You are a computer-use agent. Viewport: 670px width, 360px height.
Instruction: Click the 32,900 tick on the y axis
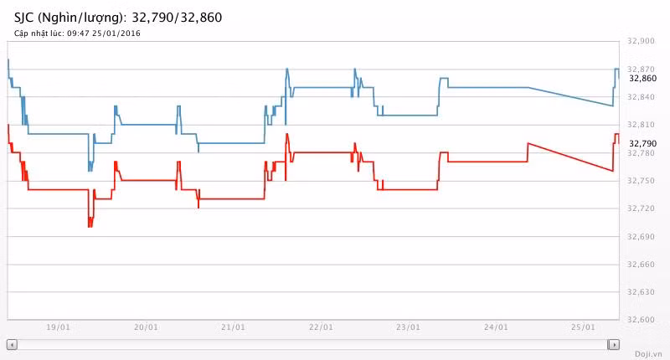click(641, 41)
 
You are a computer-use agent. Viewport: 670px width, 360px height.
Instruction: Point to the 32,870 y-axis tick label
click(641, 69)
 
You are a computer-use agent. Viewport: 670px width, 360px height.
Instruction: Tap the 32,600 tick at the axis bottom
click(641, 320)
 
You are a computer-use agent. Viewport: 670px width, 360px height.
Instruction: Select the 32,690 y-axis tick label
click(641, 236)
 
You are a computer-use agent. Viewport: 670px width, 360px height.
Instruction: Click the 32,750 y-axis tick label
click(641, 181)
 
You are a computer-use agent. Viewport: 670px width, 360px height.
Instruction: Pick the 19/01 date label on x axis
click(58, 327)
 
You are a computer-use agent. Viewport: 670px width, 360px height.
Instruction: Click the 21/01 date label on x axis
click(233, 327)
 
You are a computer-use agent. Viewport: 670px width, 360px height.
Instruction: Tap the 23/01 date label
click(408, 327)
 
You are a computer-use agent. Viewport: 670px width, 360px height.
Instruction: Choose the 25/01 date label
click(583, 327)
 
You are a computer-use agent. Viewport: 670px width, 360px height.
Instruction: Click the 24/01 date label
click(496, 327)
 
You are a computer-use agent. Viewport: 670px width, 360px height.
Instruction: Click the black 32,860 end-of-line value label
click(643, 78)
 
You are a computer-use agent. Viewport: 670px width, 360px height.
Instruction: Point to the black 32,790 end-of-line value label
click(643, 143)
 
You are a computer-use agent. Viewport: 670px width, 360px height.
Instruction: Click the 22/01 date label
click(321, 327)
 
